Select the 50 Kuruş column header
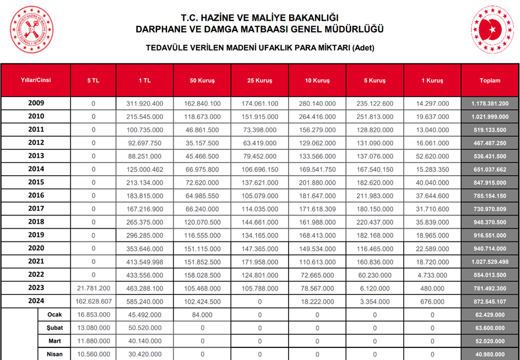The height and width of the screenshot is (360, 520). tap(202, 80)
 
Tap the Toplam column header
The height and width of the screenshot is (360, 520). tap(490, 80)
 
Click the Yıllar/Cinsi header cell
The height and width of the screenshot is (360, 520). tap(36, 80)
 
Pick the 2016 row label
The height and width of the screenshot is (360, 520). tap(36, 195)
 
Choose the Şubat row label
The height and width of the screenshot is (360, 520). tap(55, 327)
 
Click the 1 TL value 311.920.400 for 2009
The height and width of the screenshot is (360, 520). tap(145, 104)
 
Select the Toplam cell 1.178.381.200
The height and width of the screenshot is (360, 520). tap(490, 104)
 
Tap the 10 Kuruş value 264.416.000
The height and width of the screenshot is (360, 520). tap(317, 117)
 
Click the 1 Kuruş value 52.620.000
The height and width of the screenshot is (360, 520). tap(432, 156)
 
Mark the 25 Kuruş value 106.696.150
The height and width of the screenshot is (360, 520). tap(259, 169)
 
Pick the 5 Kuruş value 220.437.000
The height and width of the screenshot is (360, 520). tap(375, 222)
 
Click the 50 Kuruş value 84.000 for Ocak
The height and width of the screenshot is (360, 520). tap(202, 315)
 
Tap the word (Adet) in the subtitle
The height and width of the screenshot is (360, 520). tap(363, 47)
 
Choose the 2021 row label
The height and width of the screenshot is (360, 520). tap(36, 261)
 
